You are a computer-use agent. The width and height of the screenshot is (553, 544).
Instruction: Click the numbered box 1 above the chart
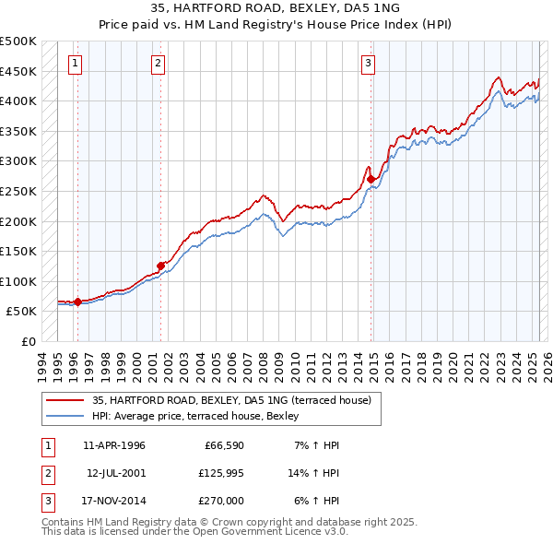click(x=75, y=64)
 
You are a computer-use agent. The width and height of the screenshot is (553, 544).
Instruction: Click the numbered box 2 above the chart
click(x=159, y=64)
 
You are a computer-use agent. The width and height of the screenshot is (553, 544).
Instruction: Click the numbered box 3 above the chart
click(x=368, y=64)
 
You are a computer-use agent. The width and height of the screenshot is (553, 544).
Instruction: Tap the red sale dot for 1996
click(x=77, y=302)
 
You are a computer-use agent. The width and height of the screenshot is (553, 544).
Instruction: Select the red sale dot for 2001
click(x=161, y=266)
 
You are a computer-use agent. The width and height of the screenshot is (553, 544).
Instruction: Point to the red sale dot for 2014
click(x=371, y=179)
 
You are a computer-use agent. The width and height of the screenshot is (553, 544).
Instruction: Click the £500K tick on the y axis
click(x=18, y=41)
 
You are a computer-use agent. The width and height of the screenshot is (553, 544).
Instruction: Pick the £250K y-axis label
click(x=18, y=191)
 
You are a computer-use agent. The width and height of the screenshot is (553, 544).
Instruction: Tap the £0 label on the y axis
click(x=29, y=341)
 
